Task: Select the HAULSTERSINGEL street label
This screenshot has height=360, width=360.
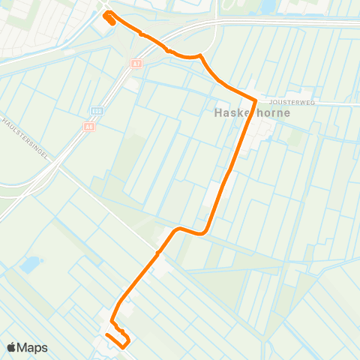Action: click(x=25, y=137)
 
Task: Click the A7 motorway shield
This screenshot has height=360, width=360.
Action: click(x=136, y=64)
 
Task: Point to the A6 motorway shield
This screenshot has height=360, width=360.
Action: click(x=89, y=127)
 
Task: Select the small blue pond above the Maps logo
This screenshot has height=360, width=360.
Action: click(x=31, y=265)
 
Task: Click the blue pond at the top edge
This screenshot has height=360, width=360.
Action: click(x=268, y=6)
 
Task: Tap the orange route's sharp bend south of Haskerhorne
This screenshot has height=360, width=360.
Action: click(x=205, y=232)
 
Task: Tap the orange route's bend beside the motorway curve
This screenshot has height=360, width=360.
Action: click(x=201, y=57)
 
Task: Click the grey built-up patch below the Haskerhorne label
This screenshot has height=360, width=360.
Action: click(x=262, y=135)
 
